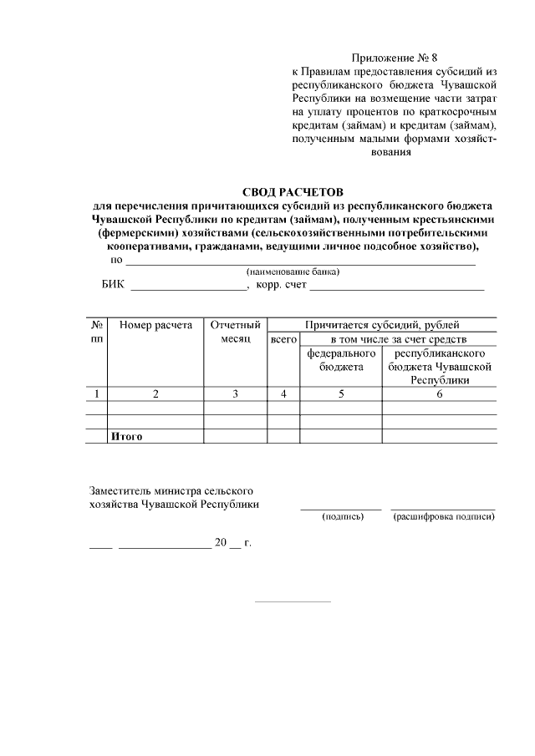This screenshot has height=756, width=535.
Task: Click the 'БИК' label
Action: coord(113,286)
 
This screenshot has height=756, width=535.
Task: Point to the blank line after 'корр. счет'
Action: coord(397,287)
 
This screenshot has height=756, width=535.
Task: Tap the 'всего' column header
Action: coord(283,340)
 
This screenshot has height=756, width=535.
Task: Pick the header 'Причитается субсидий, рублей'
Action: coord(382,325)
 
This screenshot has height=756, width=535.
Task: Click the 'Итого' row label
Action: coord(127,436)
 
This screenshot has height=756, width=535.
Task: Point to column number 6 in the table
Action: coord(439,394)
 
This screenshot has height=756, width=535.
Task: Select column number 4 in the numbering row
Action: coord(283,394)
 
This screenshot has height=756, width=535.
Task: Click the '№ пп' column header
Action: coord(97,332)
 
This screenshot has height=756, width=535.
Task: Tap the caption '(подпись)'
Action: coord(343,517)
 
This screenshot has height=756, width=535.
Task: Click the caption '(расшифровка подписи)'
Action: coord(443,517)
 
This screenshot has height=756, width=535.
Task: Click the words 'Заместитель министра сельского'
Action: coord(171,490)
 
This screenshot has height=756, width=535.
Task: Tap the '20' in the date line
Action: coord(221,543)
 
